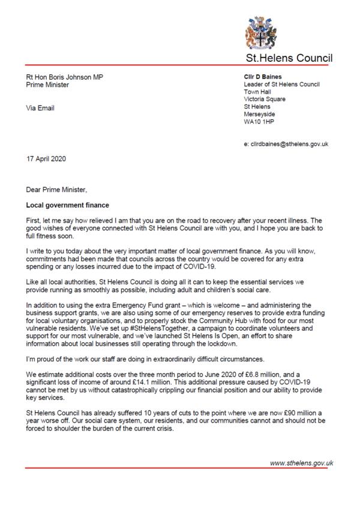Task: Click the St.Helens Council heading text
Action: coord(290,58)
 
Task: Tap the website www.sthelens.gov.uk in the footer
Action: coord(301,463)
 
